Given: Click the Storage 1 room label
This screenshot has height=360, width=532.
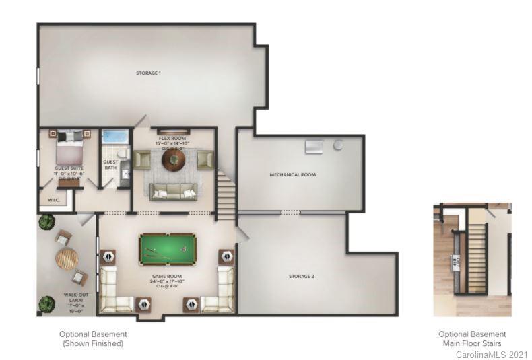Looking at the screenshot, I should pyautogui.click(x=148, y=73).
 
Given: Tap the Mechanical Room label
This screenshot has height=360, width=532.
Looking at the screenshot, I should pyautogui.click(x=292, y=175).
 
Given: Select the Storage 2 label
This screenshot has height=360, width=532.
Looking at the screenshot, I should pyautogui.click(x=301, y=277).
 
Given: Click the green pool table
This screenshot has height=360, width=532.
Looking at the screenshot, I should pyautogui.click(x=168, y=250).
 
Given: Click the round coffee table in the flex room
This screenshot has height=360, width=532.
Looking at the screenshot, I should pyautogui.click(x=174, y=159).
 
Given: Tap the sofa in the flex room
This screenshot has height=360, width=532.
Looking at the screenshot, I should pyautogui.click(x=174, y=191).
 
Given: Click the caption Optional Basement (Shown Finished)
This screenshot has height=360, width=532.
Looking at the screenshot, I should pyautogui.click(x=92, y=338).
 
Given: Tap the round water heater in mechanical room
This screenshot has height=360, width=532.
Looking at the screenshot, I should pyautogui.click(x=338, y=145).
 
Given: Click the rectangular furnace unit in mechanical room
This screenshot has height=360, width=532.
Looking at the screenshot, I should pyautogui.click(x=314, y=147).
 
